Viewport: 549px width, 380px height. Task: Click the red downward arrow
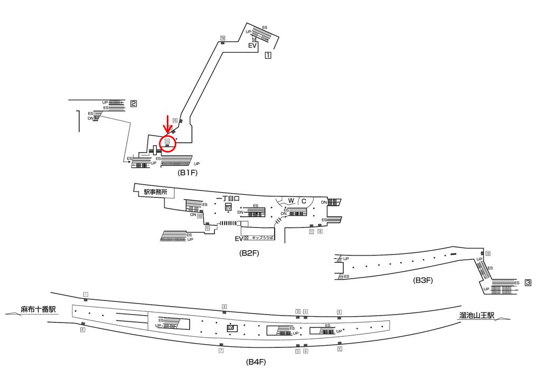coord(168,125)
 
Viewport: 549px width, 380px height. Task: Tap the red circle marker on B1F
coord(167,142)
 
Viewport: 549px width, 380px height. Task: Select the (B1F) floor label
coord(187,173)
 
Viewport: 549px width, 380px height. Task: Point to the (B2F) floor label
coord(249,253)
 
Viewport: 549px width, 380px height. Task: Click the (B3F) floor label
coord(423,280)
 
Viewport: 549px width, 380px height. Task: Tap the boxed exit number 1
coord(268,54)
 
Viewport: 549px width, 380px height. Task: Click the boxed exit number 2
coord(134,104)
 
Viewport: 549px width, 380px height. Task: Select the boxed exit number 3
coord(527,283)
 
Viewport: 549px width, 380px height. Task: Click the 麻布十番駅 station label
coord(39,309)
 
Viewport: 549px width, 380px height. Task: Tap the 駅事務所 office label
coord(155,193)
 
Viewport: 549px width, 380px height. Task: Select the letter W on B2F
coord(291,201)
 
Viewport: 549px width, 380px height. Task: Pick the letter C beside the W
coord(304,201)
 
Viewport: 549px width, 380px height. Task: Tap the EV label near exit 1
coord(252,46)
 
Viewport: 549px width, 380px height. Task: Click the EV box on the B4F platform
coord(230,328)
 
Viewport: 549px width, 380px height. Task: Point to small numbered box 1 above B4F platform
coord(86,294)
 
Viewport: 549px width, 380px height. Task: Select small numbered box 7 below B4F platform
coord(221,350)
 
